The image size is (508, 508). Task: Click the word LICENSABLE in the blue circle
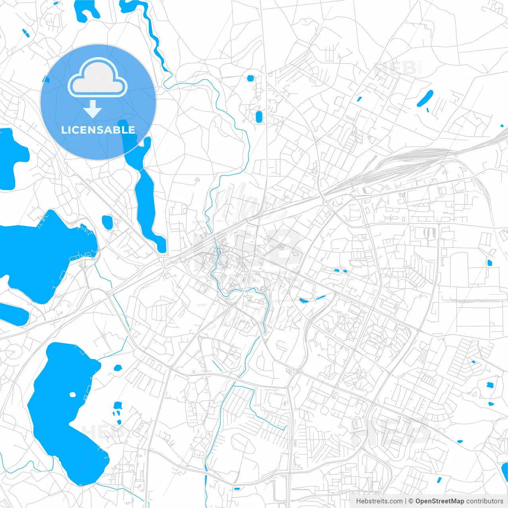98,130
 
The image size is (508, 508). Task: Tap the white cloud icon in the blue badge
98,78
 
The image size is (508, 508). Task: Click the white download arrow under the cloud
93,109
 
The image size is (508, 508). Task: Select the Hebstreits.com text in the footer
379,501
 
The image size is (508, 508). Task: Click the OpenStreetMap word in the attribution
440,501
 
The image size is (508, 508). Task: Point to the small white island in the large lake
72,394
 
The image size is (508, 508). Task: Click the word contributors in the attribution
485,501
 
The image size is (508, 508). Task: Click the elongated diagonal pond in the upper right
425,98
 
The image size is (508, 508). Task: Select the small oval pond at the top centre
250,78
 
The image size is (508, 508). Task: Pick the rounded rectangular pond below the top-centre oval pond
259,117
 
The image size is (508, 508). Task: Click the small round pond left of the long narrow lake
107,222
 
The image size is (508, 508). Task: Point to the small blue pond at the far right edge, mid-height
490,262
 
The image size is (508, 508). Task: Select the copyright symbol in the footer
411,501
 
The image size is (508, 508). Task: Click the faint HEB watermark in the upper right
395,68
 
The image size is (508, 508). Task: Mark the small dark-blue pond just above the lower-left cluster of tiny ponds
117,405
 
